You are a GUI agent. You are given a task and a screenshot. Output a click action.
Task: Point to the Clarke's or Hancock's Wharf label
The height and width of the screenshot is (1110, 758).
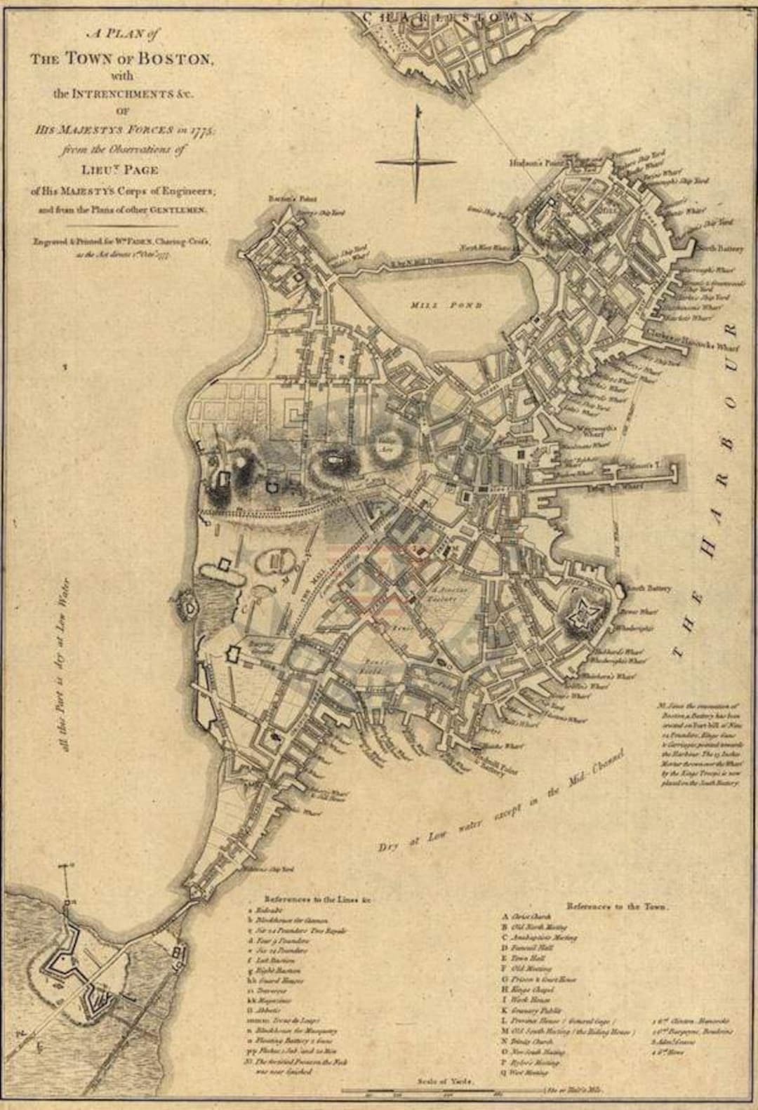coord(691,337)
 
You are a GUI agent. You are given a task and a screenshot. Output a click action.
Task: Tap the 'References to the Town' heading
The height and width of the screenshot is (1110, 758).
coord(618,907)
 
